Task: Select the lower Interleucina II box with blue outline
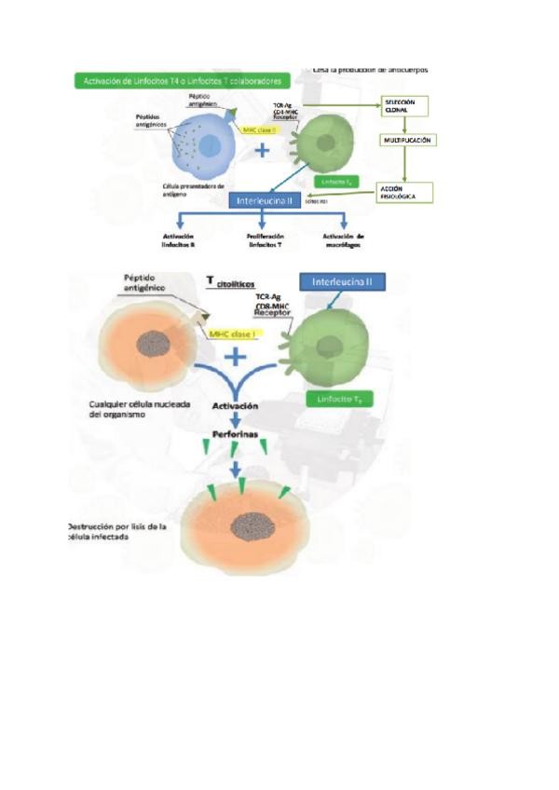point(344,280)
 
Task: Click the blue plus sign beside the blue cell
point(264,152)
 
